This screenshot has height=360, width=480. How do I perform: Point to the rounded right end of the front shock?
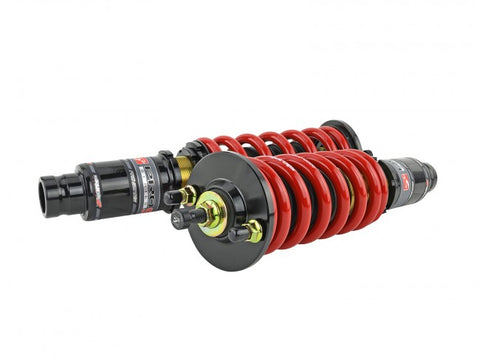click(430, 180)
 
